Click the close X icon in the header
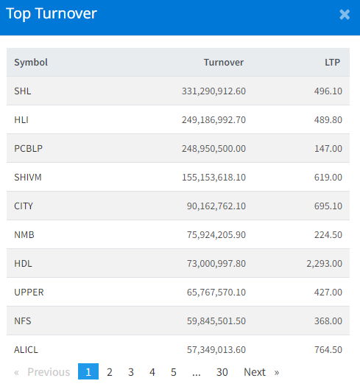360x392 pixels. coord(345,15)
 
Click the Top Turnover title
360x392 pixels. coord(52,13)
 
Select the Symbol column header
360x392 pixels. coord(31,62)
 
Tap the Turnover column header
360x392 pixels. coord(224,62)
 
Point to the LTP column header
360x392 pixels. coord(332,62)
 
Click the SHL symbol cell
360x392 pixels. coord(23,91)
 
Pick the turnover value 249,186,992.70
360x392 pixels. coord(213,120)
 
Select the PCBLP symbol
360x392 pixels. coord(28,149)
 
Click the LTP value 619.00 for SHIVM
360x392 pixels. coord(328,178)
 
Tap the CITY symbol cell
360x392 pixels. coord(24,206)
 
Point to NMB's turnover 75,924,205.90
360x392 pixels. coord(216,235)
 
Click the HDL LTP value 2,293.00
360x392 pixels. coord(324,264)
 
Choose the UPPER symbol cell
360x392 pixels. coord(29,293)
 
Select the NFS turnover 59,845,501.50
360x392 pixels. coord(216,321)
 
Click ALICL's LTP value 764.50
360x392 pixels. coord(328,350)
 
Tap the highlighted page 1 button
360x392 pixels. coord(88,371)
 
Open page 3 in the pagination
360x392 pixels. coord(131,372)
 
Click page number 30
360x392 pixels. coord(222,372)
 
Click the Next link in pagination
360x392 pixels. coord(255,372)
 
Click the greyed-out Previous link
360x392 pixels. coord(49,372)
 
